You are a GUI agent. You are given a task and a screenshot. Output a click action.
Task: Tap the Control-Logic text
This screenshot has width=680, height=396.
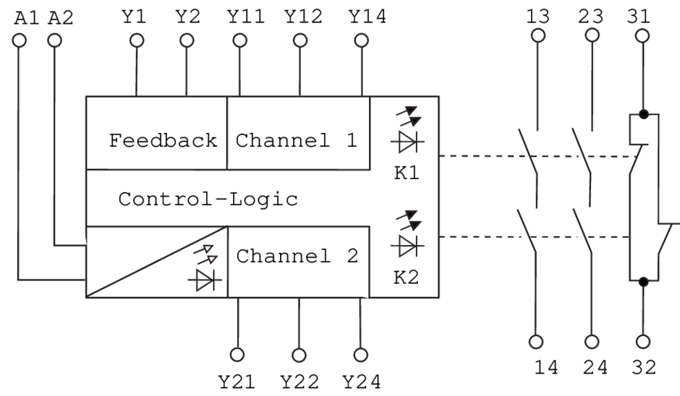pos(208,199)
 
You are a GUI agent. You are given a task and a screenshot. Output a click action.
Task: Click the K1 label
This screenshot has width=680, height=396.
pos(405,175)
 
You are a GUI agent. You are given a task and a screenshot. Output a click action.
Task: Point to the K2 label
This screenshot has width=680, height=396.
pos(405,278)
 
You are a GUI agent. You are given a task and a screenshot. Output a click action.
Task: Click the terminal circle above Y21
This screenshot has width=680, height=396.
pos(239,354)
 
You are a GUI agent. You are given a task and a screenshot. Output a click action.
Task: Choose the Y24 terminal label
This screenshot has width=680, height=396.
pos(362,380)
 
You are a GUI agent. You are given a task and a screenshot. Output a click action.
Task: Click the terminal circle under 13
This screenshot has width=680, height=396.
pos(537,36)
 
